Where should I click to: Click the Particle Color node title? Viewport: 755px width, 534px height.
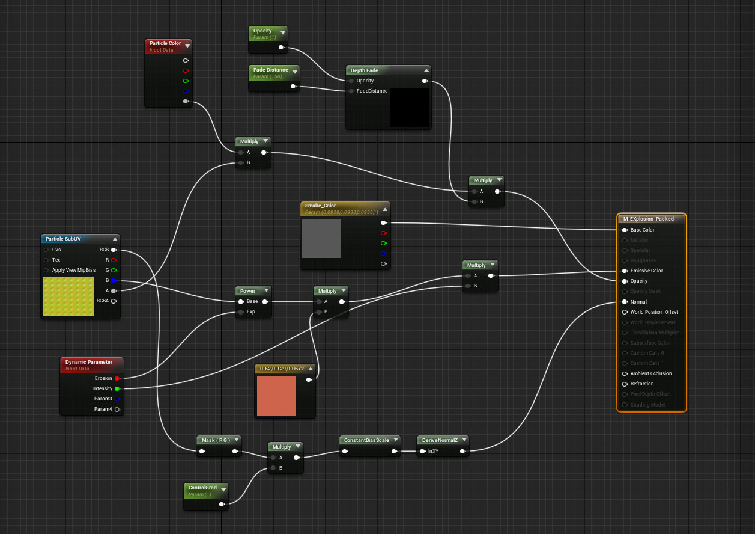tap(165, 43)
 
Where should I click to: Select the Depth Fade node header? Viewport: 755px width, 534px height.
tap(365, 70)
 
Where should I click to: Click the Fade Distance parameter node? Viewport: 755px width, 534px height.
tap(270, 70)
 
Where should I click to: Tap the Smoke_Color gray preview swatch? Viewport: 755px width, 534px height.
tap(321, 239)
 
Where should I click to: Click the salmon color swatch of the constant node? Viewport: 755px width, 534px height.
tap(276, 396)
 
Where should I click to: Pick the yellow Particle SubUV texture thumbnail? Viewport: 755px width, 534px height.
tap(68, 296)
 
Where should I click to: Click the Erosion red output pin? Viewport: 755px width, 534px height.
tap(117, 378)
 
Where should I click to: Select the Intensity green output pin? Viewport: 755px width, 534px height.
tap(117, 388)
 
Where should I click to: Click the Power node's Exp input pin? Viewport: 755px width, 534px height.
tap(241, 312)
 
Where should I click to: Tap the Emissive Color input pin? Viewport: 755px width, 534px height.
tap(625, 271)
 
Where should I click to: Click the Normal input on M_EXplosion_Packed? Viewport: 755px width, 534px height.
tap(625, 302)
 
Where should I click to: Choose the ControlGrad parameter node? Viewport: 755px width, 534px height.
tap(202, 488)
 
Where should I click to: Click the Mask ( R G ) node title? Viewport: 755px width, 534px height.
tap(216, 440)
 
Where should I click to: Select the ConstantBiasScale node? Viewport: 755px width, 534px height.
tap(366, 440)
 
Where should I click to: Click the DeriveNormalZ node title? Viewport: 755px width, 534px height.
tap(439, 440)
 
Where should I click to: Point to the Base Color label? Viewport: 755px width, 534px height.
tap(642, 230)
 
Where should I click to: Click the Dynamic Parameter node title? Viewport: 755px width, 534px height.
tap(88, 362)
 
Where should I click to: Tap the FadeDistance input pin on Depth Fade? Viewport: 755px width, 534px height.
tap(351, 91)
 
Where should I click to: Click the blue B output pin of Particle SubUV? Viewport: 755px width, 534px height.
tap(113, 280)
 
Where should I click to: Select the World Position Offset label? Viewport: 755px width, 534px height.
tap(653, 312)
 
